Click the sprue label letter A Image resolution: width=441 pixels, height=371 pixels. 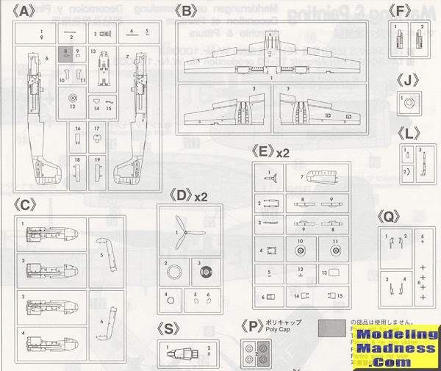[26, 12]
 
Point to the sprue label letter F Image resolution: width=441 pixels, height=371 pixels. [399, 11]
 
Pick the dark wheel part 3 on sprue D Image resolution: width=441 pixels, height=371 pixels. [204, 271]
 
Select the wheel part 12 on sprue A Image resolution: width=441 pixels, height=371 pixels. [72, 98]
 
